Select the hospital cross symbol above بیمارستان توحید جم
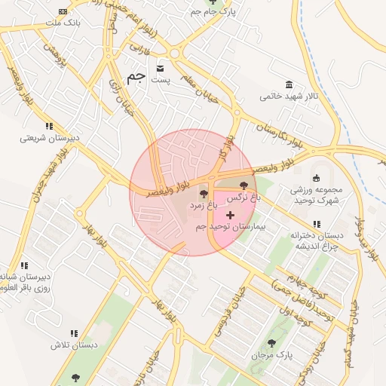pyautogui.click(x=230, y=215)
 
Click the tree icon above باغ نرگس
pyautogui.click(x=244, y=185)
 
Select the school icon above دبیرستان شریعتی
pyautogui.click(x=49, y=126)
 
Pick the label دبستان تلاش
pyautogui.click(x=75, y=345)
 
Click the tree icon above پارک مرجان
pyautogui.click(x=271, y=343)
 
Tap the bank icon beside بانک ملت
pyautogui.click(x=61, y=12)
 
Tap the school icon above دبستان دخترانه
pyautogui.click(x=317, y=224)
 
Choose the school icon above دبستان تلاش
pyautogui.click(x=74, y=333)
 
